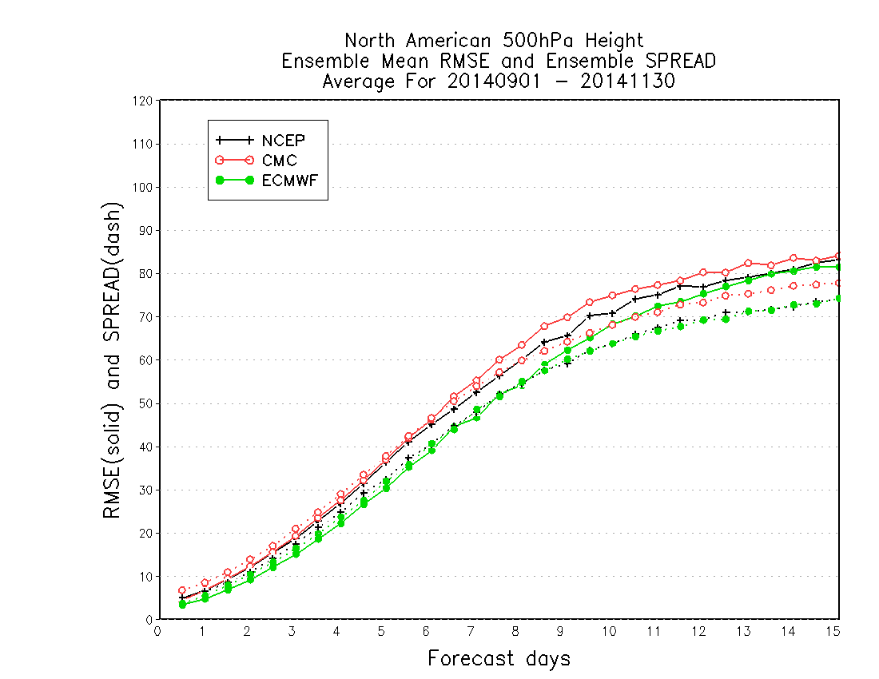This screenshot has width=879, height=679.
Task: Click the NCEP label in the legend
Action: (283, 141)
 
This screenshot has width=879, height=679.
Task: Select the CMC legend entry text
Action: (279, 161)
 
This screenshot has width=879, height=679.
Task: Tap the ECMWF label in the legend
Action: (290, 181)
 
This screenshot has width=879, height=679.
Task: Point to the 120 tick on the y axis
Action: (142, 101)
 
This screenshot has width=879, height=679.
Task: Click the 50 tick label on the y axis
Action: (145, 404)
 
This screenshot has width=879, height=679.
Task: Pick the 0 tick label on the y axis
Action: (149, 620)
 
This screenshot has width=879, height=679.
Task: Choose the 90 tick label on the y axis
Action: (145, 231)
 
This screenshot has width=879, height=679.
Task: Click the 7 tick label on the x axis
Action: (471, 632)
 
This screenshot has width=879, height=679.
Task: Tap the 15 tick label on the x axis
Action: (833, 632)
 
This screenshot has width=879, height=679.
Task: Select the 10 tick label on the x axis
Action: (610, 632)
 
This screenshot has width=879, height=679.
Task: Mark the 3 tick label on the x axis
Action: (292, 632)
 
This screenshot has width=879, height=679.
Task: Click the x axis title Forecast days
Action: (499, 658)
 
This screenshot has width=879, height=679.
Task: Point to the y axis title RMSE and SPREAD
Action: (112, 360)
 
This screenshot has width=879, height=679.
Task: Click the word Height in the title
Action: (615, 41)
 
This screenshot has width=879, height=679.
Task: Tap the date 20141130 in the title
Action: (627, 81)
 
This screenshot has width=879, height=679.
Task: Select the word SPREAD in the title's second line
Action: (681, 61)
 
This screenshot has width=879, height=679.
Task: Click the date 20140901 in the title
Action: (494, 81)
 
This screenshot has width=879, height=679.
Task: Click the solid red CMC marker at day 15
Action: (838, 256)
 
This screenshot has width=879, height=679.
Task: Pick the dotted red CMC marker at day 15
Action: (838, 284)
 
